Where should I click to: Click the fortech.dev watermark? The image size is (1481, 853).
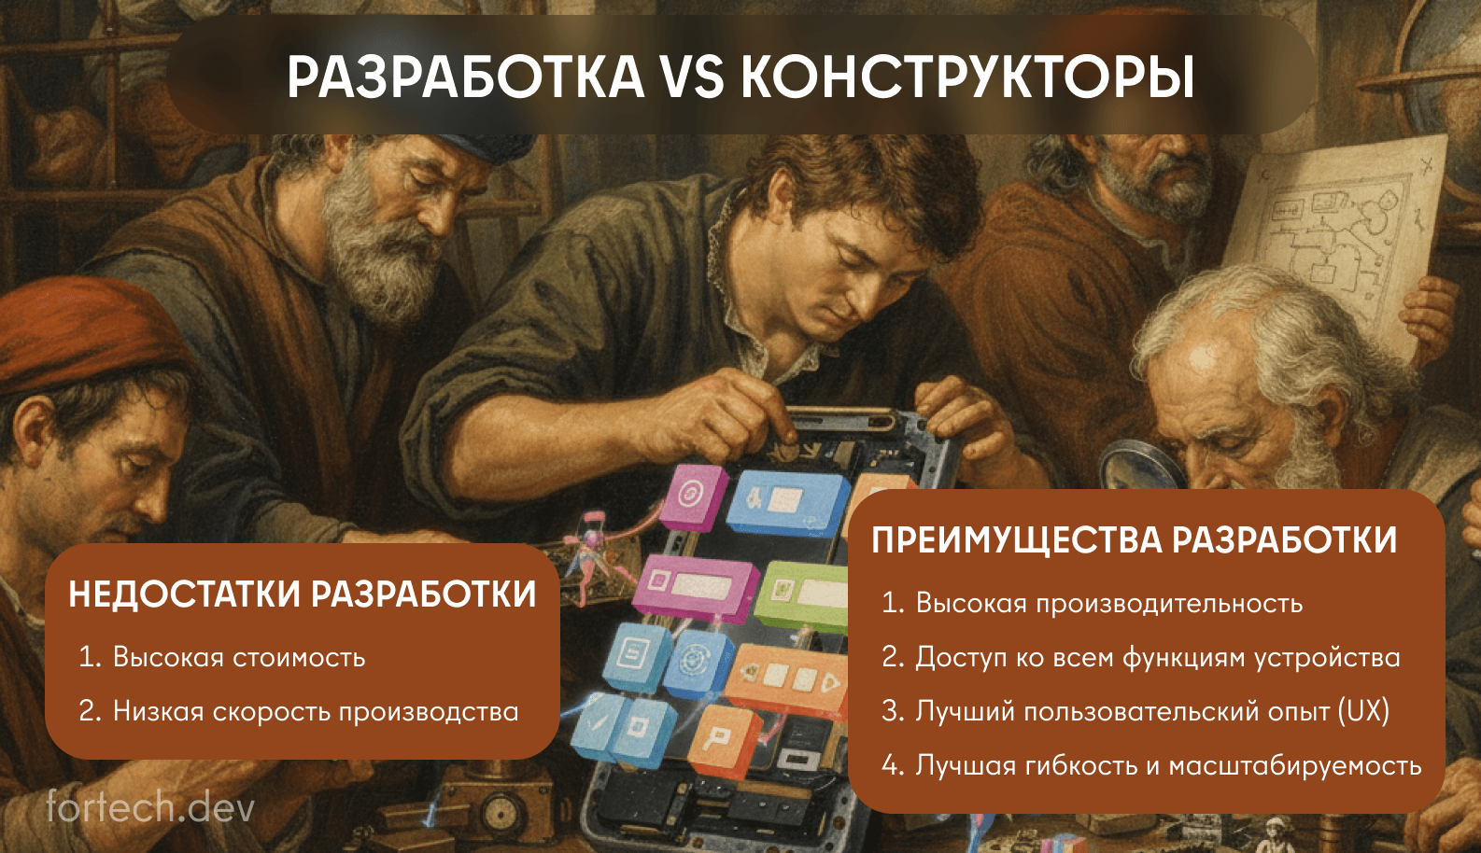pos(149,807)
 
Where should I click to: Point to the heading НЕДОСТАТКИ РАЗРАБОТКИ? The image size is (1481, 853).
pos(303,594)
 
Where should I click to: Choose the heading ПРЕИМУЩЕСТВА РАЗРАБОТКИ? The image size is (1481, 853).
pos(1134,540)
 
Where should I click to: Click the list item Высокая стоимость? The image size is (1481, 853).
pos(238,657)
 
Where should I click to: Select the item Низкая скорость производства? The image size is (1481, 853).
pos(315,711)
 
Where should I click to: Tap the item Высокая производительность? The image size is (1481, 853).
pos(1108,603)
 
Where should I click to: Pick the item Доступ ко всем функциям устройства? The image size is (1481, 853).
pos(1157,657)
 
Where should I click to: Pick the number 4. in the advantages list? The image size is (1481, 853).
pos(893,765)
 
